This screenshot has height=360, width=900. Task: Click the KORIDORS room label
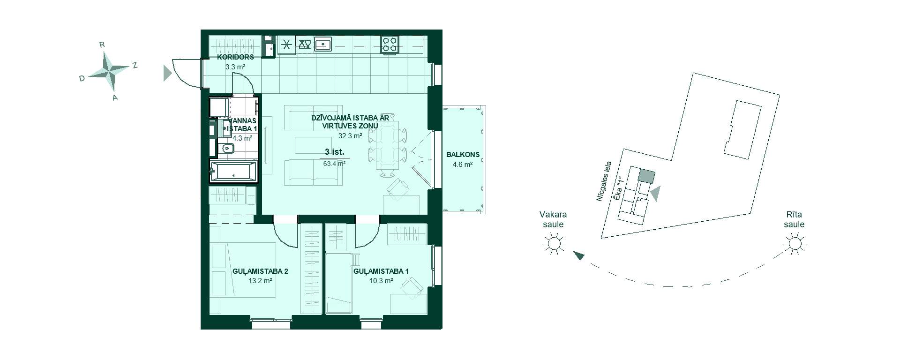pos(235,57)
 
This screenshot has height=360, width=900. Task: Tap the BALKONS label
pos(463,154)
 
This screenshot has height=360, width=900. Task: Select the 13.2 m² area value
pos(261,281)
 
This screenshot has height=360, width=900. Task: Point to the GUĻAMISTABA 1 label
pos(381,271)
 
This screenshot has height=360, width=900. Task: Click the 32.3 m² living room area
pos(350,136)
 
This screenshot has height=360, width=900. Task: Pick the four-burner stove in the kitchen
pos(390,45)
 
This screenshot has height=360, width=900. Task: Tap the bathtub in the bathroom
pos(233,171)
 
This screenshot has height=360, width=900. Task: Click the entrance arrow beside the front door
pos(167,73)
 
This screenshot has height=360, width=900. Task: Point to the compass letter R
pos(102,45)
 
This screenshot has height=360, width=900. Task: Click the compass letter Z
pos(135,66)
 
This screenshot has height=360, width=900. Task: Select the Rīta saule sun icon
pos(795,244)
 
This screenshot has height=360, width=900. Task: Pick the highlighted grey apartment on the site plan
pos(646,176)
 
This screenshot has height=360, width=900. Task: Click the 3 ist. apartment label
pos(335,152)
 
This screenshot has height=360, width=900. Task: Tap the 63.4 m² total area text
pos(335,164)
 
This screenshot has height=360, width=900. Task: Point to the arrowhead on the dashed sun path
pos(579,255)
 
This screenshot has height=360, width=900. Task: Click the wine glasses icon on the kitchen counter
pos(305,45)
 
